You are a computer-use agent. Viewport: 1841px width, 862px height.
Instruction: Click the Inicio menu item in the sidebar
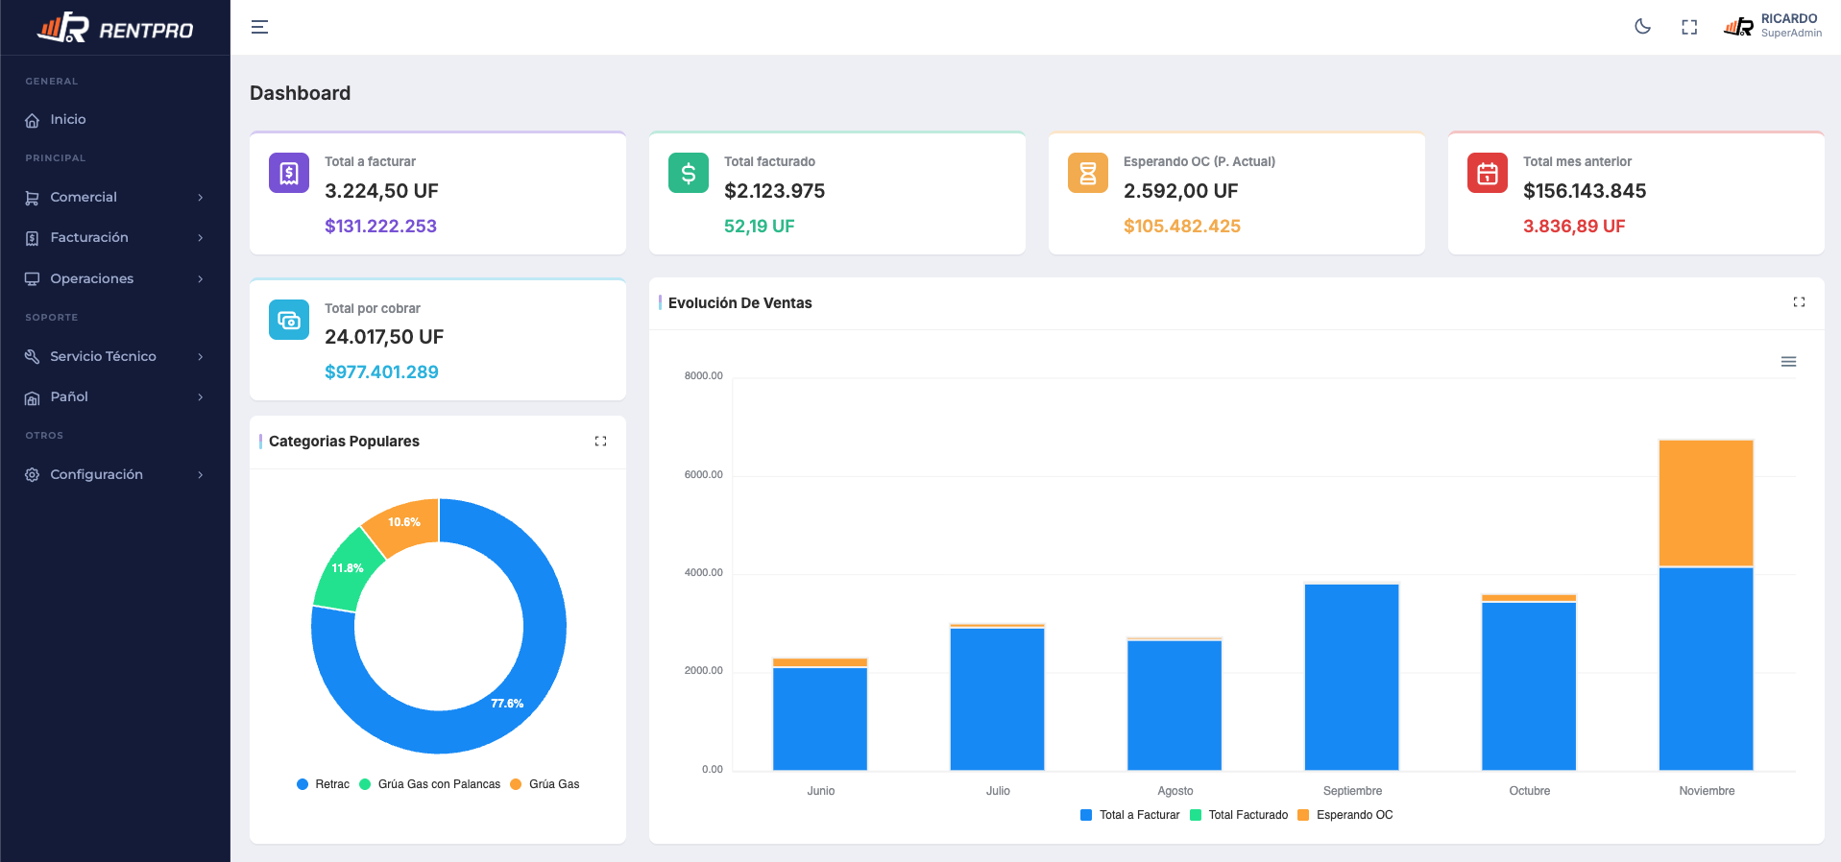click(67, 120)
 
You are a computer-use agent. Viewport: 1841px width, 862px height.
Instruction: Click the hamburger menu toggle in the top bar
click(259, 27)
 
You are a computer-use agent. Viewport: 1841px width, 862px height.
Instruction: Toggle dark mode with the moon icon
click(1642, 27)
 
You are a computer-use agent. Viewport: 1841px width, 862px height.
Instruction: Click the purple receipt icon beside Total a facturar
click(289, 173)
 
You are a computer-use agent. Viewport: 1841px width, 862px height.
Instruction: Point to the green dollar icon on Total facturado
click(689, 173)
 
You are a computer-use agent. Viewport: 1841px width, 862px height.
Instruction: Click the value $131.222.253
click(380, 227)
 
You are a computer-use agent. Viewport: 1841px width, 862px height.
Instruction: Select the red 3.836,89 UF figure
click(1574, 227)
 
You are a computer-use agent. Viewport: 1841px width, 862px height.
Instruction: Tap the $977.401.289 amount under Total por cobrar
click(381, 372)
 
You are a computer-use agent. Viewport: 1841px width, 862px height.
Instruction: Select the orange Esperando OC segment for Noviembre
click(1706, 503)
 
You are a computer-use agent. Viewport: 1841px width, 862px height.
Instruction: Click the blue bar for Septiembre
click(1351, 677)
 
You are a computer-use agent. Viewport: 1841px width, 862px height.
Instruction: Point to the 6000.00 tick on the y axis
click(703, 474)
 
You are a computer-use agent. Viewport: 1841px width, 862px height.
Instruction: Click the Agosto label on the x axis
click(1175, 791)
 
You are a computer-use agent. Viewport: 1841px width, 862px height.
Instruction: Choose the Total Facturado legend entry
click(1239, 815)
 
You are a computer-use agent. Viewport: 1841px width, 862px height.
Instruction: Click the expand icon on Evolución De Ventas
click(1799, 302)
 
